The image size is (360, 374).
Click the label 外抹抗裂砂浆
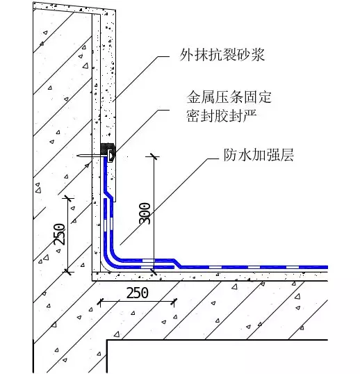tap(222, 55)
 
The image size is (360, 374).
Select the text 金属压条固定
tap(229, 97)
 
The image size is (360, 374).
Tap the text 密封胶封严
tap(222, 115)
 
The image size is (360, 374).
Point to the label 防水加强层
tap(259, 155)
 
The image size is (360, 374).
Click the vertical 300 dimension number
tap(145, 213)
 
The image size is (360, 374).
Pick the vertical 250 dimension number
tap(59, 234)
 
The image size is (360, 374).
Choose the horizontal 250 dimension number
tap(138, 293)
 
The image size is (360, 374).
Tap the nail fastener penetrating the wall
tap(92, 156)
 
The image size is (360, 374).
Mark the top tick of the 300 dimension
tap(153, 156)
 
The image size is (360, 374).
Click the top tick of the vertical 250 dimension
tap(68, 198)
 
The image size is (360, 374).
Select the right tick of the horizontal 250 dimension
tap(174, 302)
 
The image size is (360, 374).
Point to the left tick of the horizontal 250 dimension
tap(100, 302)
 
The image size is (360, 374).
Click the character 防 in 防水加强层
tap(230, 155)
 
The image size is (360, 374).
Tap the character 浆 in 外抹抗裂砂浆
tap(259, 55)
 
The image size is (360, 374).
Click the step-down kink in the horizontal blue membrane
tap(177, 263)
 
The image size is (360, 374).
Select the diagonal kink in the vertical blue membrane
tap(108, 194)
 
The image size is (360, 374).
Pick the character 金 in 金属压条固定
tap(193, 97)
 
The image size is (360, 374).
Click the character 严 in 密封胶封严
tap(250, 115)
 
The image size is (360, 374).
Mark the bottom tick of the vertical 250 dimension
tap(68, 271)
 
